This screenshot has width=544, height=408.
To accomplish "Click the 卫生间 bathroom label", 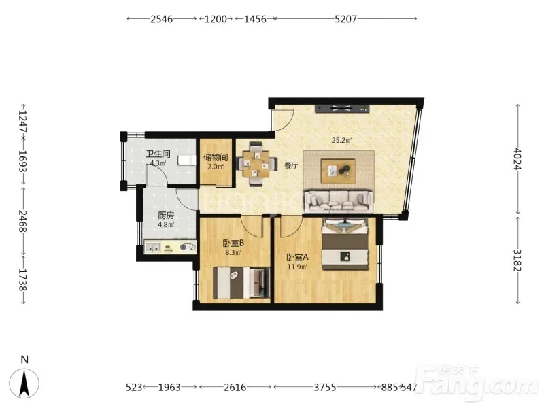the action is click(158, 154).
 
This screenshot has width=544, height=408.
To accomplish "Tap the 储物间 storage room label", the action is click(216, 158).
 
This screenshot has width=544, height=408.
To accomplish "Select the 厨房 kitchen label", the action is click(166, 216).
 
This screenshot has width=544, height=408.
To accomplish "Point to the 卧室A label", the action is click(297, 258).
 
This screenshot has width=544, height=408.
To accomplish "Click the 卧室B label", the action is click(233, 243).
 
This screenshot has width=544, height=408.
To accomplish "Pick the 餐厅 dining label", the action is click(291, 165).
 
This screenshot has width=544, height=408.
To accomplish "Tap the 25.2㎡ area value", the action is click(342, 141).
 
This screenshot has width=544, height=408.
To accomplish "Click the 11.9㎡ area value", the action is click(297, 267).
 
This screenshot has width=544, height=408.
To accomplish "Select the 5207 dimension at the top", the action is click(345, 19).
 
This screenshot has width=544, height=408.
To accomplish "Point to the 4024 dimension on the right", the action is click(517, 158).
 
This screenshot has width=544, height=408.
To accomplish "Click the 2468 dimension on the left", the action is click(23, 220).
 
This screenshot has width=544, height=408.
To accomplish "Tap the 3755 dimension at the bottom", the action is click(325, 387).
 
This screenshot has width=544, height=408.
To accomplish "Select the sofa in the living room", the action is click(339, 201).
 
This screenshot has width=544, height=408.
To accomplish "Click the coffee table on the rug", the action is click(338, 171).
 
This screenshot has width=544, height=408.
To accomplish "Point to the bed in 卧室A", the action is click(345, 244).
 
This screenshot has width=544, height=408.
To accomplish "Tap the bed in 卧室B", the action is click(241, 282).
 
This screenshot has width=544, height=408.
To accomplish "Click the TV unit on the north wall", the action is click(342, 108).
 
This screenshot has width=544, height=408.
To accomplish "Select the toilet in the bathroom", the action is click(186, 160).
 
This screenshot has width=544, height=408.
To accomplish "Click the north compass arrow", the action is click(24, 384).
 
